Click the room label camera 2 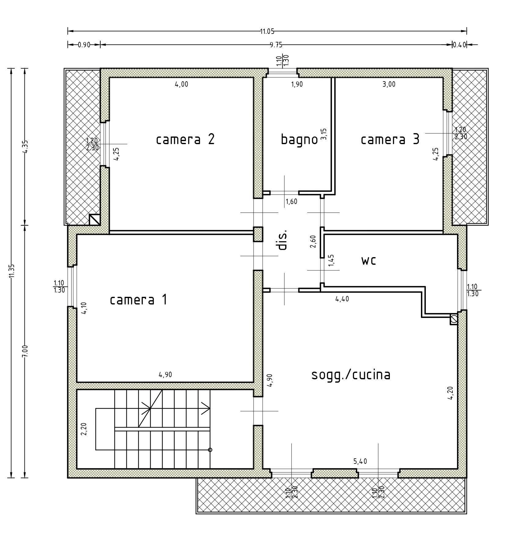coord(185,140)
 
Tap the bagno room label coord(299,140)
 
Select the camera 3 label coord(390,140)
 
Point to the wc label coord(369,261)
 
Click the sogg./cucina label coord(351,375)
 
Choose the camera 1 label coord(138,300)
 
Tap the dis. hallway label coord(283,240)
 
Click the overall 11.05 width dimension coord(267,31)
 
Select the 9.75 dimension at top coord(276,45)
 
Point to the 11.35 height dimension coord(12,271)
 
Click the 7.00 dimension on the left coord(25,351)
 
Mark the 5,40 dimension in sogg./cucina coord(360,461)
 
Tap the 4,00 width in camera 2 coord(181,84)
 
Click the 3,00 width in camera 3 coord(389,84)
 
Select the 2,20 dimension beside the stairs coord(84,429)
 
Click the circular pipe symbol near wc coord(454,320)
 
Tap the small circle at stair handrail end coord(210,450)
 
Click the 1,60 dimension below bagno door coord(291,202)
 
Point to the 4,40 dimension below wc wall coord(342,299)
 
